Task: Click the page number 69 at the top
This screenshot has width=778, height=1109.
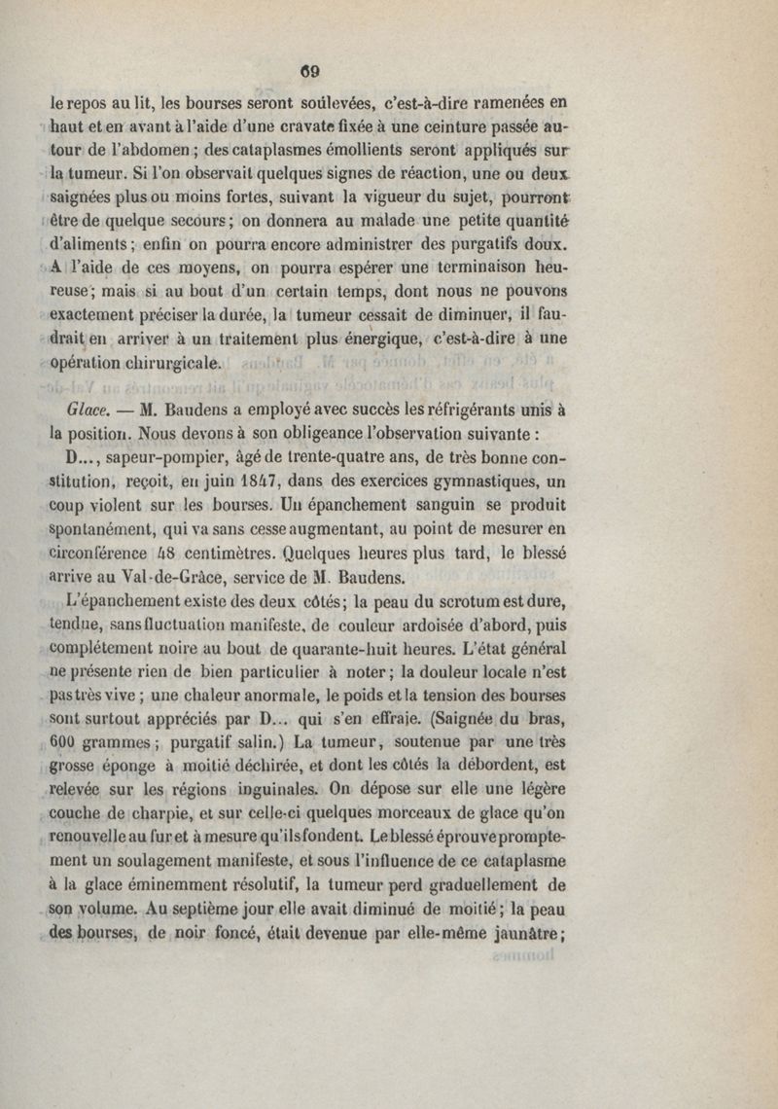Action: (x=310, y=70)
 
